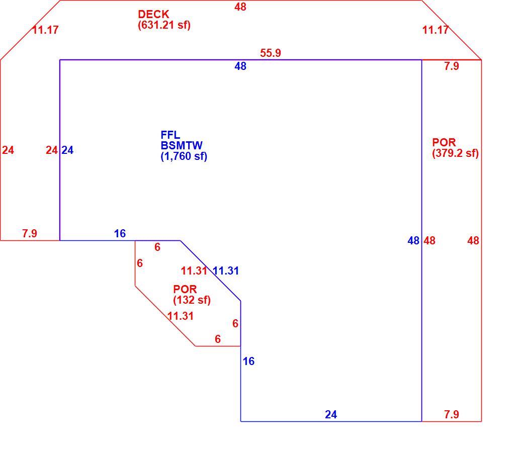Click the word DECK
(153, 14)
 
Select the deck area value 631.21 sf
(164, 25)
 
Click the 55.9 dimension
(271, 53)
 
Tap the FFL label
(170, 135)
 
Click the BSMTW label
(182, 145)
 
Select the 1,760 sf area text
(184, 156)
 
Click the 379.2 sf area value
(456, 153)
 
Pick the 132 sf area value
(192, 300)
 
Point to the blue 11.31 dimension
(226, 270)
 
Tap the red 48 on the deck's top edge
(240, 7)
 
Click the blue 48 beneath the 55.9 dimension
(240, 66)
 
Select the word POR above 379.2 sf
(444, 142)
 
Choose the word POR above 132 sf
(185, 289)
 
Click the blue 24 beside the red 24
(67, 150)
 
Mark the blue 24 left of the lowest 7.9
(331, 414)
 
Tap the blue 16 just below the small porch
(248, 361)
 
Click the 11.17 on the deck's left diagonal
(45, 30)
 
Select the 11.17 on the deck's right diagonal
(436, 30)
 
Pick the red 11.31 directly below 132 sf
(181, 316)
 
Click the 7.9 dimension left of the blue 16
(30, 233)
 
